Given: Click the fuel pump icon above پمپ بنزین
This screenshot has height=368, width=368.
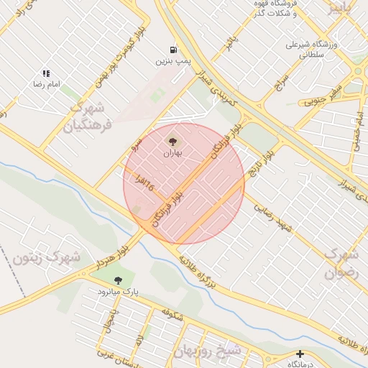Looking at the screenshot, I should (x=173, y=50).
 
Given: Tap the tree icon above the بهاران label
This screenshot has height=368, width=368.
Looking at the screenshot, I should (x=172, y=141).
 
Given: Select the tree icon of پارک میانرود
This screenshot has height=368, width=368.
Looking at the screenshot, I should (x=119, y=280).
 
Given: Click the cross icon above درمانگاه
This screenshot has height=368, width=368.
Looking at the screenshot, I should (x=300, y=354).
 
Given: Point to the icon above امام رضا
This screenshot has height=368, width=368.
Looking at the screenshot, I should (x=46, y=73).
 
